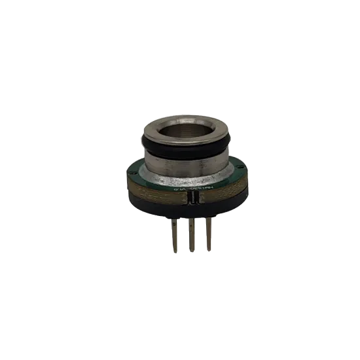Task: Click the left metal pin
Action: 173,234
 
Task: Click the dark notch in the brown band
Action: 187,198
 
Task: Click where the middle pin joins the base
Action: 191,219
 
